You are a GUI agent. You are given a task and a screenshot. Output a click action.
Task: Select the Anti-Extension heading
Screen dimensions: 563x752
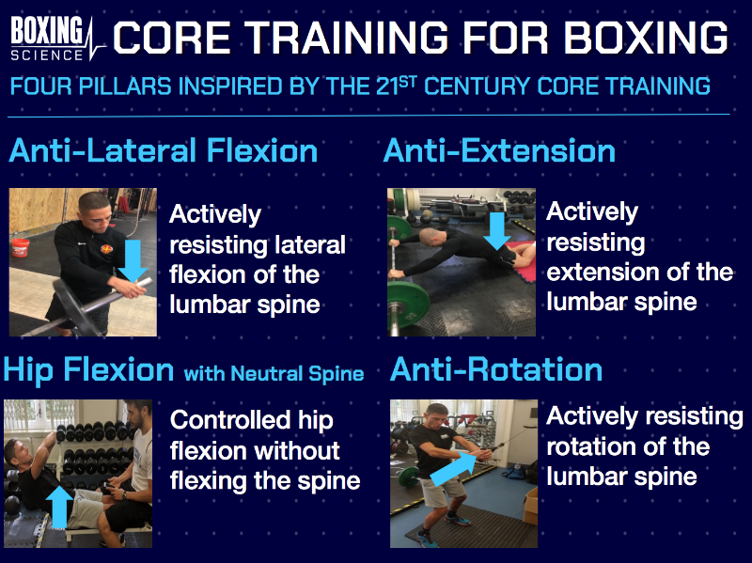click(499, 151)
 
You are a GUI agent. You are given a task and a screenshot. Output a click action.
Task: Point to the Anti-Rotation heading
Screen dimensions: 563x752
click(495, 369)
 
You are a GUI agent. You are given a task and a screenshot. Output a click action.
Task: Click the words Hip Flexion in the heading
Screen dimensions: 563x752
click(89, 369)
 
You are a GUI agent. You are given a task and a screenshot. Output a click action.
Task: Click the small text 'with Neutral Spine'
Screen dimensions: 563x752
click(274, 373)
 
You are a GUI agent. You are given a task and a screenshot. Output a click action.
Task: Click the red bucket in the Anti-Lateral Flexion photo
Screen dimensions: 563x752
click(20, 249)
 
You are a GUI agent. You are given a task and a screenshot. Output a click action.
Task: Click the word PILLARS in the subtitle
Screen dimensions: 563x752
click(117, 86)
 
